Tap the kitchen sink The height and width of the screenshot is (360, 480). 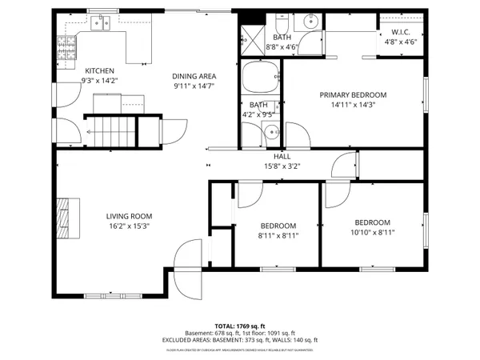pos(100,23)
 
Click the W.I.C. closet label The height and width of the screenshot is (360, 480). pos(401,32)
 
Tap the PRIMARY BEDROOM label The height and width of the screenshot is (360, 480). pos(353,94)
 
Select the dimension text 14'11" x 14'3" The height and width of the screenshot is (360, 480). pos(353,104)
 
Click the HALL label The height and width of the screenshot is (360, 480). pos(282,157)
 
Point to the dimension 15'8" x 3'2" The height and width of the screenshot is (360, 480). pos(282,166)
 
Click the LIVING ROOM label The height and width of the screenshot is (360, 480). pos(129,216)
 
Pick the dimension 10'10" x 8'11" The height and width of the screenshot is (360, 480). pos(372,232)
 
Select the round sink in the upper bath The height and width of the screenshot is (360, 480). pos(311,22)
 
